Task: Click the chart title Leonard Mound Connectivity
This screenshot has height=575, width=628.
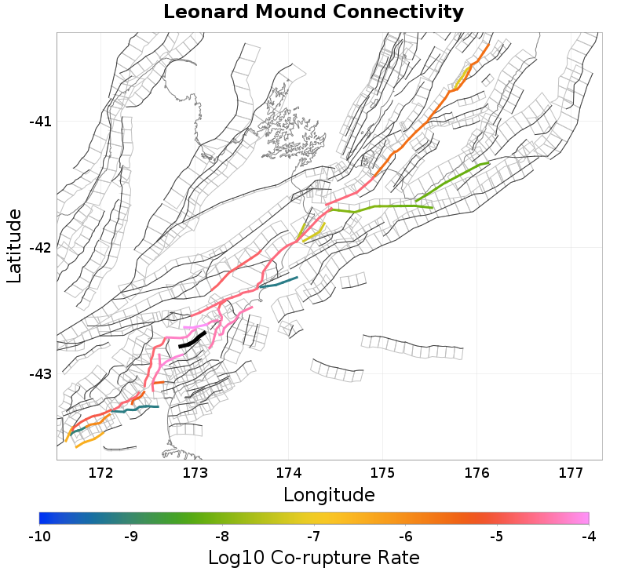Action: point(313,13)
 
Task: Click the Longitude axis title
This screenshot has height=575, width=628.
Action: point(329,495)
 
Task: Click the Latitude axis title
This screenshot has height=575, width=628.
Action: point(14,246)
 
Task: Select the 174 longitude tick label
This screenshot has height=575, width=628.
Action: point(288,472)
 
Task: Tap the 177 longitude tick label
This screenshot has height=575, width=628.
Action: point(570,472)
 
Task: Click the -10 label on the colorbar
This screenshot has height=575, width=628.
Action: point(39,537)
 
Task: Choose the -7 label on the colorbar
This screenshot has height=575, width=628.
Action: point(314,537)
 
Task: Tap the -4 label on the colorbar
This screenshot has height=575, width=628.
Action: point(589,537)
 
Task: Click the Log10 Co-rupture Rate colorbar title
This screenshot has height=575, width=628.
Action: point(313,558)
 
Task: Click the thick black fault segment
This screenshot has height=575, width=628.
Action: point(192,340)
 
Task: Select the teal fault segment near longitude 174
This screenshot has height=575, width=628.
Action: point(279,282)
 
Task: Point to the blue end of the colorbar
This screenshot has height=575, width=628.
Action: point(43,518)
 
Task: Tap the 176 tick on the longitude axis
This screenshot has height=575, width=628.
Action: point(476,472)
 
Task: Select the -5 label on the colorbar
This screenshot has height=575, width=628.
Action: point(497,537)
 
